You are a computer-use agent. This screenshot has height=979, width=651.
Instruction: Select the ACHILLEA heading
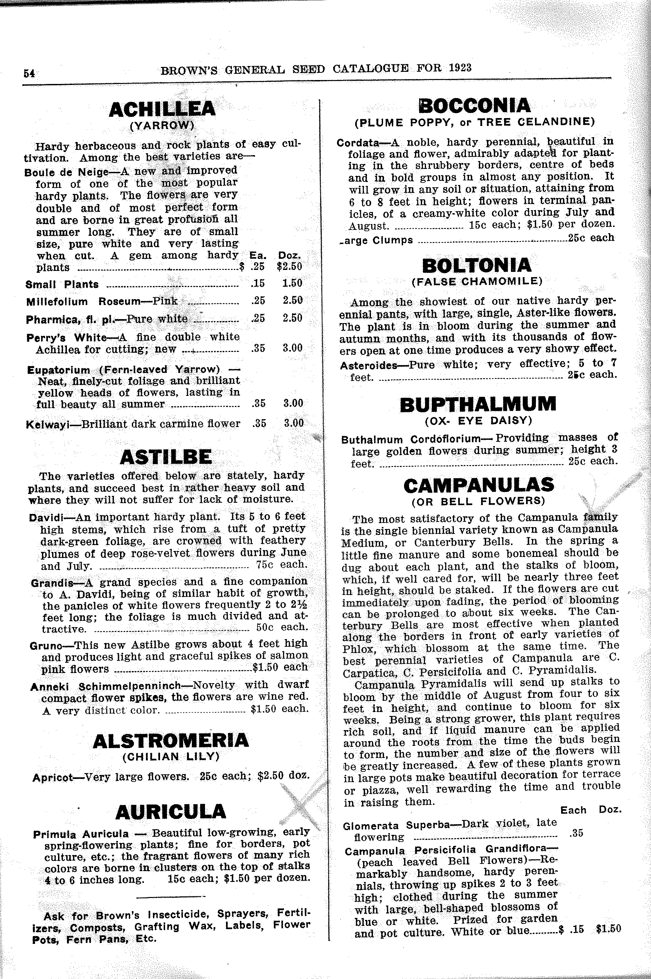point(162,109)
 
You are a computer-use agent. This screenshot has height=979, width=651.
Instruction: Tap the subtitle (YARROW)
point(162,125)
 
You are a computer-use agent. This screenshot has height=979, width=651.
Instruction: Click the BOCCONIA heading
point(475,106)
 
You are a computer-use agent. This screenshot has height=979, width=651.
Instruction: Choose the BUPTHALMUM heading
point(478,404)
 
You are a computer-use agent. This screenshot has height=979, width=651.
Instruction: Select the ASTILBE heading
point(166,457)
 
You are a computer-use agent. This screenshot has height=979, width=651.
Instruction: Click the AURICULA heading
point(171,812)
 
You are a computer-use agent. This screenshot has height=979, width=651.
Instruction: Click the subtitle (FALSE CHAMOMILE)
point(477,281)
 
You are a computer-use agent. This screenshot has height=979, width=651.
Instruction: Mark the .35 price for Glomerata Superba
point(576,833)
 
